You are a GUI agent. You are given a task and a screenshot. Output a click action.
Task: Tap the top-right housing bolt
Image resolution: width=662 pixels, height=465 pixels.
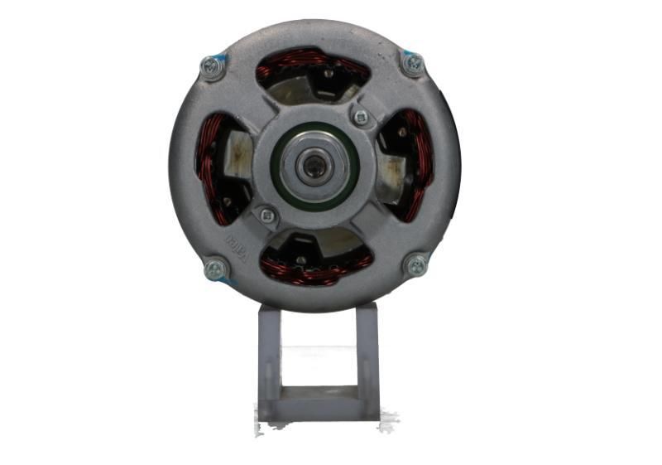(x=412, y=63)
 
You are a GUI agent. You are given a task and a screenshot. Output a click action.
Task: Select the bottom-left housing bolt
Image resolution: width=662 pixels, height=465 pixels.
(x=215, y=268)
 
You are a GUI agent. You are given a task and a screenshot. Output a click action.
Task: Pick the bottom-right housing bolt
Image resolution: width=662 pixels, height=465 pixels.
(x=416, y=265)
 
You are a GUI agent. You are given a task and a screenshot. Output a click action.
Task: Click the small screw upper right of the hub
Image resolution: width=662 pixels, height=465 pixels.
(x=360, y=117)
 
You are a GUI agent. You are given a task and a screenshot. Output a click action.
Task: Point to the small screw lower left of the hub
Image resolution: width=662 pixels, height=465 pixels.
(x=266, y=216)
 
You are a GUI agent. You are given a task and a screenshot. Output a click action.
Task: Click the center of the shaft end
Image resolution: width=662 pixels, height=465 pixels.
(x=314, y=167)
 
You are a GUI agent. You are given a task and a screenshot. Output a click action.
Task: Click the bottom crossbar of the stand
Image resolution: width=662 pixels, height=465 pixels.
(x=319, y=407)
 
